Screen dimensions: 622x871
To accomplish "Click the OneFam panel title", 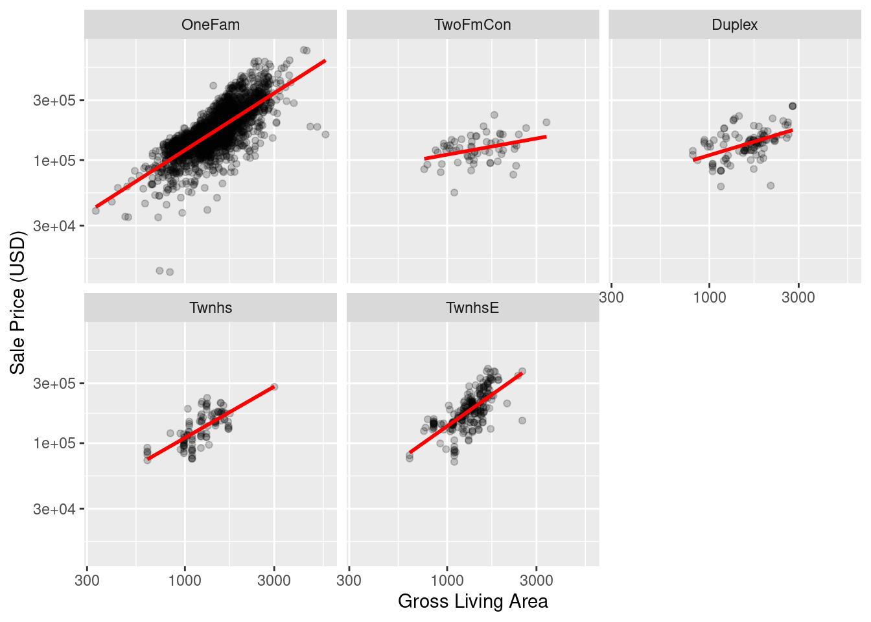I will pyautogui.click(x=211, y=25).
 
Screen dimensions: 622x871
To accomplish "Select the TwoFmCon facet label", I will pyautogui.click(x=472, y=25).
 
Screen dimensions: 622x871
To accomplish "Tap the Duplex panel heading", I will pyautogui.click(x=734, y=25).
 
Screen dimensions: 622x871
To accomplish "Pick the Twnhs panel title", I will pyautogui.click(x=211, y=308).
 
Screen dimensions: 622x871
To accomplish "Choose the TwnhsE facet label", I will pyautogui.click(x=472, y=308).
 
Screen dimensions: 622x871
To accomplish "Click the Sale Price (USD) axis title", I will pyautogui.click(x=17, y=303).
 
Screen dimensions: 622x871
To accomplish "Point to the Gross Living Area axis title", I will pyautogui.click(x=472, y=601).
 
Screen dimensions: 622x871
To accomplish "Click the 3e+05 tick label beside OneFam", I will pyautogui.click(x=54, y=100).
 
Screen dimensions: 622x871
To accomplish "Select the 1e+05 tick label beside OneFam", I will pyautogui.click(x=54, y=161).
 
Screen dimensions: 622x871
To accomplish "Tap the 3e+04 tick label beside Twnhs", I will pyautogui.click(x=54, y=509).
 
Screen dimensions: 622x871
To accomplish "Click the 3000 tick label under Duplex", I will pyautogui.click(x=798, y=297).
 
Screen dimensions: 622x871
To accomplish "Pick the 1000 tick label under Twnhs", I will pyautogui.click(x=185, y=581).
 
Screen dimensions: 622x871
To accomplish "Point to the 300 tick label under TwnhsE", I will pyautogui.click(x=349, y=581).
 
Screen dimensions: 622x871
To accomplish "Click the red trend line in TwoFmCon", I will pyautogui.click(x=486, y=147).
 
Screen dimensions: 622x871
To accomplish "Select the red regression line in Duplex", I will pyautogui.click(x=743, y=144).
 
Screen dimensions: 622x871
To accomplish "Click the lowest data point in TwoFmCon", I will pyautogui.click(x=454, y=192).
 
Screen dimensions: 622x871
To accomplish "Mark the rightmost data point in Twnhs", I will pyautogui.click(x=274, y=387).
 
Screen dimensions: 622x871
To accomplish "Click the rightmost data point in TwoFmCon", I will pyautogui.click(x=546, y=122).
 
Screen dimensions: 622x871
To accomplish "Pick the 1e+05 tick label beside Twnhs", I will pyautogui.click(x=54, y=443).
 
